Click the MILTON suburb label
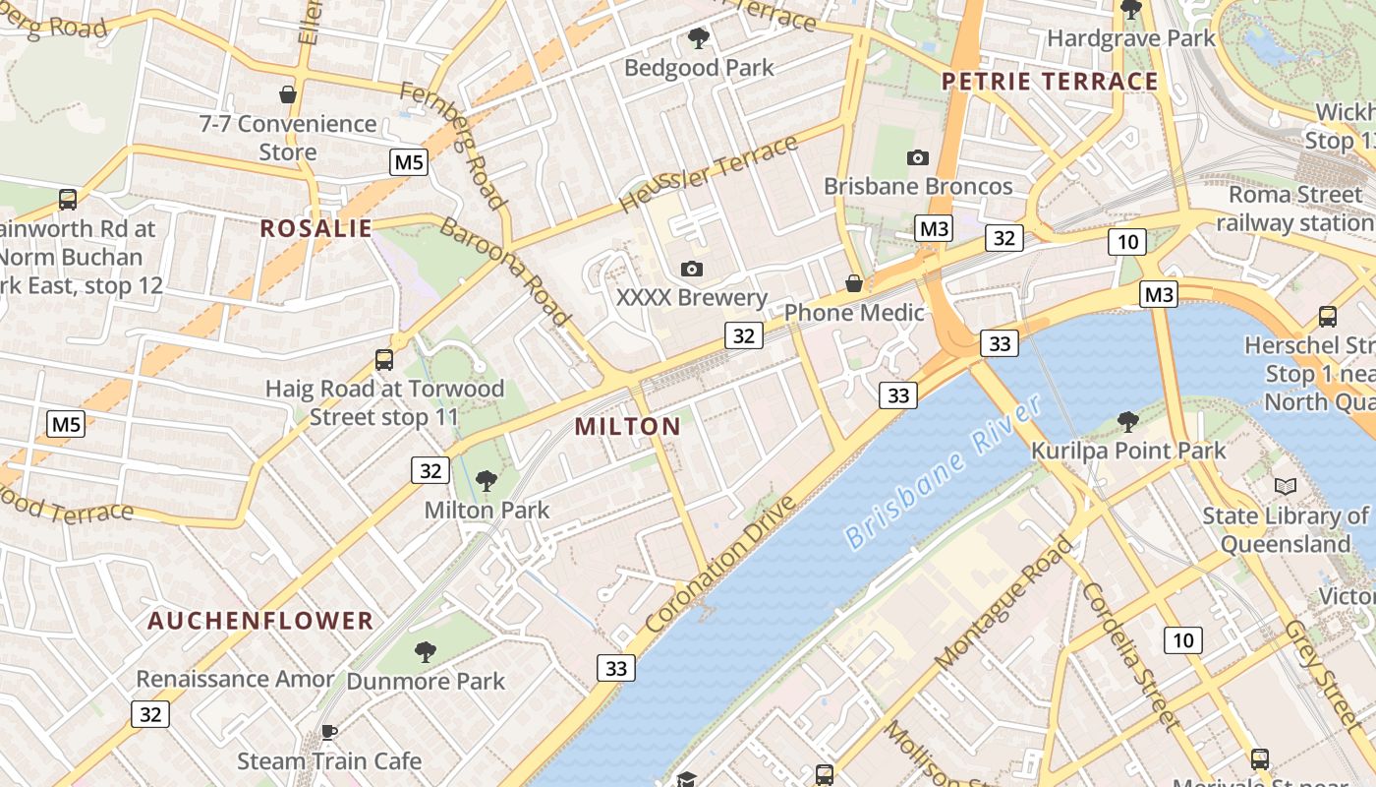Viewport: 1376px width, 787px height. pyautogui.click(x=627, y=426)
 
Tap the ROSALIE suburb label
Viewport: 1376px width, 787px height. pyautogui.click(x=315, y=228)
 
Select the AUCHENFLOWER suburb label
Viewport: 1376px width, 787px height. pyautogui.click(x=260, y=621)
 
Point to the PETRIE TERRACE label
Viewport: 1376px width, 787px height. pyautogui.click(x=1050, y=81)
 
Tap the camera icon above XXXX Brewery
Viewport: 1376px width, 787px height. pyautogui.click(x=691, y=269)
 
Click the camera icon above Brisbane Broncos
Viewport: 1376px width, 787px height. pyautogui.click(x=917, y=157)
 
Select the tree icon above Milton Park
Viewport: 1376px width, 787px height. pyautogui.click(x=486, y=481)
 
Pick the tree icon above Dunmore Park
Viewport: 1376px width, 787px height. pyautogui.click(x=426, y=651)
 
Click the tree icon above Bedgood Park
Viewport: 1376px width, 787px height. pyautogui.click(x=699, y=38)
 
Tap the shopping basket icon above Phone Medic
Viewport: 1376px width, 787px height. pyautogui.click(x=854, y=283)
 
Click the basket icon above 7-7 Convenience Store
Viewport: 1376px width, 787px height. pyautogui.click(x=288, y=94)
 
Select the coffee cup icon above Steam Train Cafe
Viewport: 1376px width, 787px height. pyautogui.click(x=329, y=732)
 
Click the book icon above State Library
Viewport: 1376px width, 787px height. pyautogui.click(x=1285, y=486)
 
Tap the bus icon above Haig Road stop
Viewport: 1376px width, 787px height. pyautogui.click(x=384, y=359)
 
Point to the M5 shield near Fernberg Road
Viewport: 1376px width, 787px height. pyautogui.click(x=409, y=162)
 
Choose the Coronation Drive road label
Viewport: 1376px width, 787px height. pyautogui.click(x=720, y=565)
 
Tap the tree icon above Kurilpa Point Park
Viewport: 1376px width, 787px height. pyautogui.click(x=1128, y=422)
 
